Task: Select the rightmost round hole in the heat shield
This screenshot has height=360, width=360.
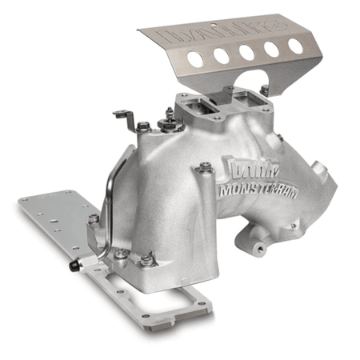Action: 295,46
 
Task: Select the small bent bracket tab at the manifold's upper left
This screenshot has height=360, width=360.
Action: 123,117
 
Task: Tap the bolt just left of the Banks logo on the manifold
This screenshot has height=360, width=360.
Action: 206,169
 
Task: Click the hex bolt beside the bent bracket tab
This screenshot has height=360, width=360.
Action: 144,126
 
